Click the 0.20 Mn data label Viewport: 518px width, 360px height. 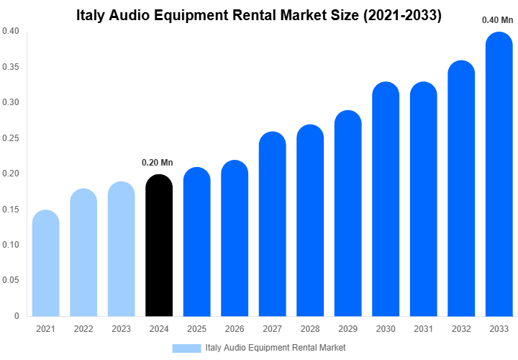pyautogui.click(x=157, y=163)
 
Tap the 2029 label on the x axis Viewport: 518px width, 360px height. pyautogui.click(x=347, y=329)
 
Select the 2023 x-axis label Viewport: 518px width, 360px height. pyautogui.click(x=121, y=329)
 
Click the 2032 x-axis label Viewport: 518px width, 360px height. pyautogui.click(x=461, y=329)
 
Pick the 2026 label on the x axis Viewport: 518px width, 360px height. pyautogui.click(x=235, y=329)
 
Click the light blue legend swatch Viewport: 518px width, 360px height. pyautogui.click(x=186, y=348)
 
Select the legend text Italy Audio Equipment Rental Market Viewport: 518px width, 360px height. pyautogui.click(x=276, y=348)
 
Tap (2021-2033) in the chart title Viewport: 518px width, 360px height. pyautogui.click(x=401, y=15)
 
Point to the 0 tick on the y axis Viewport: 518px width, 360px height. pyautogui.click(x=17, y=316)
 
